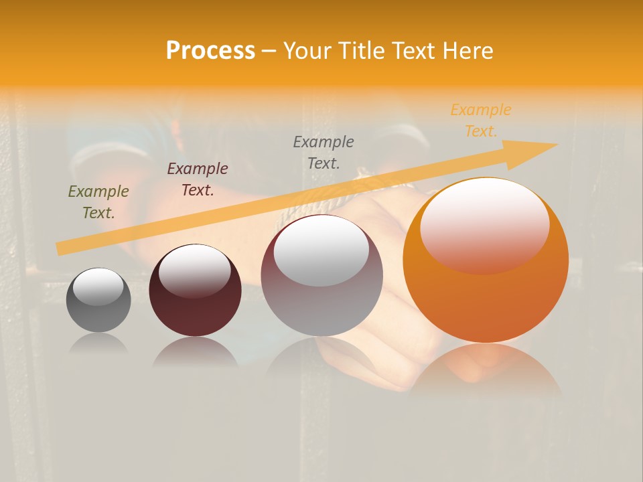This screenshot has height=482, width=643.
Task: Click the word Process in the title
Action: pos(210,51)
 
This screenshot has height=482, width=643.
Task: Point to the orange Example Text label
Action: pos(480,120)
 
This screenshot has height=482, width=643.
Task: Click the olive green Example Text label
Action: pos(98,202)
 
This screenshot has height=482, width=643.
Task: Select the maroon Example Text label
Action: pos(197,179)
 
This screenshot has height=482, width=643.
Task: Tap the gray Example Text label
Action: pos(323,152)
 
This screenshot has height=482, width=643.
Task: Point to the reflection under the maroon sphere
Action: pos(195,351)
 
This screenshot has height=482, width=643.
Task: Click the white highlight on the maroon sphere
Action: pos(194,270)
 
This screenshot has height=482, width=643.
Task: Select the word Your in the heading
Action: pos(309,51)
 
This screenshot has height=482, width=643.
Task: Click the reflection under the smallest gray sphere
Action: pos(98,343)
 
